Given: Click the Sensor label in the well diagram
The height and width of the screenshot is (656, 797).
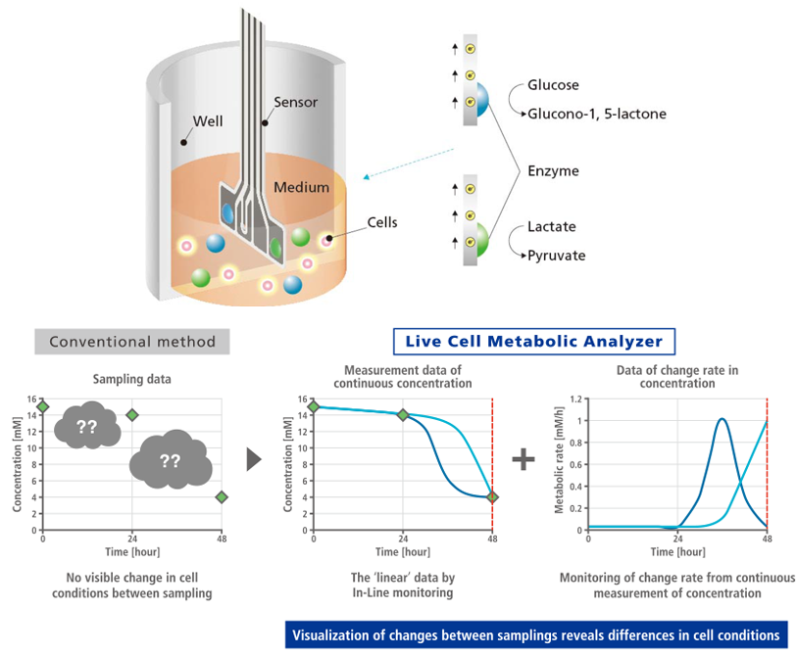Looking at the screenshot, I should click(296, 101).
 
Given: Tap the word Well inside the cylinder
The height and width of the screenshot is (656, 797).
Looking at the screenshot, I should click(208, 121).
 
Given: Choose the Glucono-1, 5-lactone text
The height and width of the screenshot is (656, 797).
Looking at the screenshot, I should click(596, 115).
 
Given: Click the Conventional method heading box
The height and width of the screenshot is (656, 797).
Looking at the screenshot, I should click(132, 341).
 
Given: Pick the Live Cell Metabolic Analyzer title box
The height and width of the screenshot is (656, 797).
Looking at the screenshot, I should click(534, 341).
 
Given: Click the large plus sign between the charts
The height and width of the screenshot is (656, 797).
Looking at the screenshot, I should click(524, 457).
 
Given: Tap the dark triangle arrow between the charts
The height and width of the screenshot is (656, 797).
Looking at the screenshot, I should click(255, 459).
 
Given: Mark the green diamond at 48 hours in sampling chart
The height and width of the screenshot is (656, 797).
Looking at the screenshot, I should click(223, 497).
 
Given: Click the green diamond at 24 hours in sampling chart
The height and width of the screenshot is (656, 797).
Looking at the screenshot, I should click(132, 415).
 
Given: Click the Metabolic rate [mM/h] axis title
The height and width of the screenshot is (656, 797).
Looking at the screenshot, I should click(559, 463).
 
